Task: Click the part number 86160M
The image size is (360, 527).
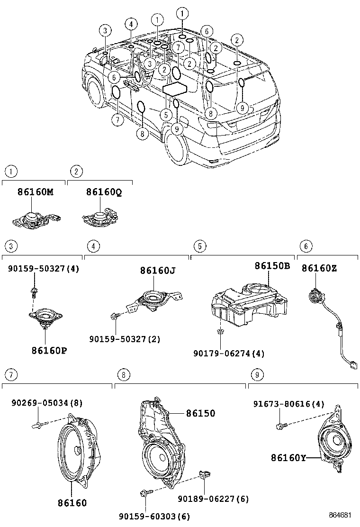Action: (35, 192)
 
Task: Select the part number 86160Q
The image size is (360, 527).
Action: (104, 192)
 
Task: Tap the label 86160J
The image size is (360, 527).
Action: (158, 271)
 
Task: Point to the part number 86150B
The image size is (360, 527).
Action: (272, 266)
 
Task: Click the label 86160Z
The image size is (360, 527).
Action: (319, 268)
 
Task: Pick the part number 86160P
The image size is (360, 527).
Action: (49, 351)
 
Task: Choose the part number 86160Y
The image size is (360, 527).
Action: (288, 458)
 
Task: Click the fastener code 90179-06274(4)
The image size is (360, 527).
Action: (229, 354)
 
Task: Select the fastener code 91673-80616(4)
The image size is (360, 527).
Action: (289, 404)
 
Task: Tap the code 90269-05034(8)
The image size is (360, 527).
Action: (47, 403)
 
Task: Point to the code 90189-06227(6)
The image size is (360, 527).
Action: (213, 499)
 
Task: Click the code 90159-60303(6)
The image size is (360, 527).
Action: (154, 516)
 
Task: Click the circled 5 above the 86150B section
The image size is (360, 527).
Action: (200, 246)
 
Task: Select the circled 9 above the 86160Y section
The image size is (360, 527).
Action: (257, 374)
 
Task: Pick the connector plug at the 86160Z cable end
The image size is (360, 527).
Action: (352, 365)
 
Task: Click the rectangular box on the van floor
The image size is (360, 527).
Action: (175, 89)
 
